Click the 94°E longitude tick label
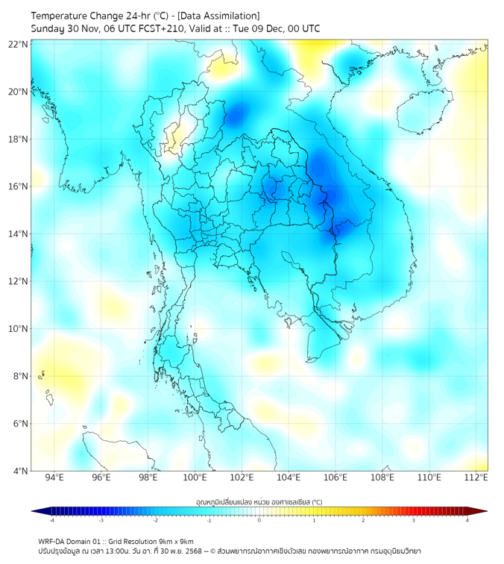(54, 477)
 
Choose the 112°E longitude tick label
(476, 477)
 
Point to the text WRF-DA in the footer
(53, 541)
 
